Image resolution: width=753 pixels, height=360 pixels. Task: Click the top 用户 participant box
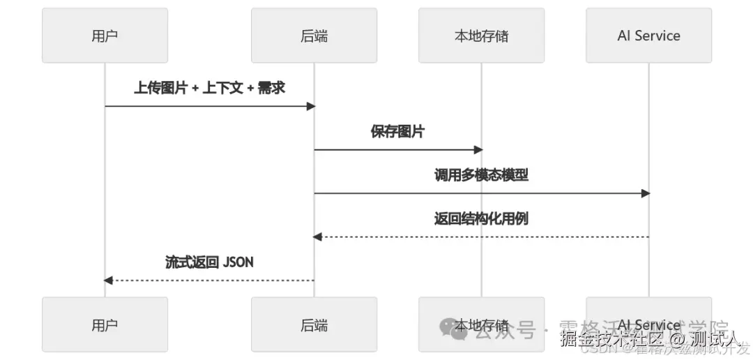click(x=105, y=36)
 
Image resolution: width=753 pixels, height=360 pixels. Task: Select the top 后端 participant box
click(x=314, y=36)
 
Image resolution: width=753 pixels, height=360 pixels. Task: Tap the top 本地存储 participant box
click(x=481, y=36)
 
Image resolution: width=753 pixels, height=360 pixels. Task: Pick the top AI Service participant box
click(x=648, y=36)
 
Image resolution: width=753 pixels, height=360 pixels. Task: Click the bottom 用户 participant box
click(x=105, y=324)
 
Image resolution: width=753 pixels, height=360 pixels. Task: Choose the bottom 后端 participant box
click(x=314, y=324)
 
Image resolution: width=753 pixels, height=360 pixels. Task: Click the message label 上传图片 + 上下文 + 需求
click(x=209, y=88)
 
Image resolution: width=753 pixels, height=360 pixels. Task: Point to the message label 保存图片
click(x=397, y=132)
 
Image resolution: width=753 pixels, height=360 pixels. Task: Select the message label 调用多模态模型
click(x=481, y=175)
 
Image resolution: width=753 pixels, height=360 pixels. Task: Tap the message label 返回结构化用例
click(x=481, y=218)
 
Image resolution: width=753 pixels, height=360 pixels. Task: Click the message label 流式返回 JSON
click(x=209, y=262)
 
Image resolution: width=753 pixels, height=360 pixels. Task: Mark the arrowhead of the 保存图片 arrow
click(x=478, y=149)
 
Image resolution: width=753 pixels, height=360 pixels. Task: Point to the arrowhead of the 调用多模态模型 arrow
click(x=646, y=193)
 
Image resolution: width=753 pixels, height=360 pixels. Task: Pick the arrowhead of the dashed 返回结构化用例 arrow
click(x=317, y=237)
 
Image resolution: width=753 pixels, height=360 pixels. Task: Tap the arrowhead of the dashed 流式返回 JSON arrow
click(x=108, y=280)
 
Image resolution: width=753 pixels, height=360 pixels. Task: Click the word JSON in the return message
click(x=238, y=262)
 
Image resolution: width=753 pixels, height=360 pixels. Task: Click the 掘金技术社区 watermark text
click(x=606, y=339)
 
